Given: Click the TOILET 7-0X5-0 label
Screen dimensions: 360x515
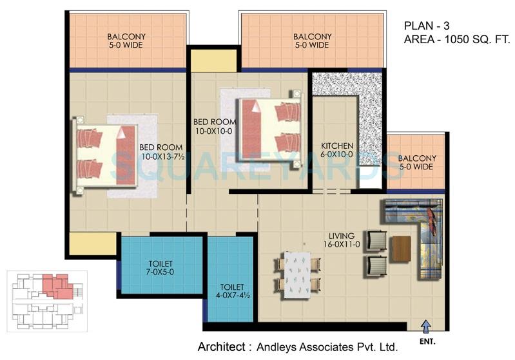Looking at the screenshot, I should (159, 267).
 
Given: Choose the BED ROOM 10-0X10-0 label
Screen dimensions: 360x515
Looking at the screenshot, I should (215, 126).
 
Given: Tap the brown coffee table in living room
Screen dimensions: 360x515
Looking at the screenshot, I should (400, 249).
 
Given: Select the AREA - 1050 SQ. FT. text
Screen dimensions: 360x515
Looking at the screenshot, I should (456, 39).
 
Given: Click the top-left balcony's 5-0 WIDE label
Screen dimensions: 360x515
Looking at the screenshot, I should (125, 46).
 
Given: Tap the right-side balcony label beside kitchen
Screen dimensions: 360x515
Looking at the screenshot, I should (417, 163).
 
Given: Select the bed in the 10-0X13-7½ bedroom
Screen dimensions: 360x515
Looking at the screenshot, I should (106, 155).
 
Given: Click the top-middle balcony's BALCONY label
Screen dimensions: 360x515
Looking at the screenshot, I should (312, 37).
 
